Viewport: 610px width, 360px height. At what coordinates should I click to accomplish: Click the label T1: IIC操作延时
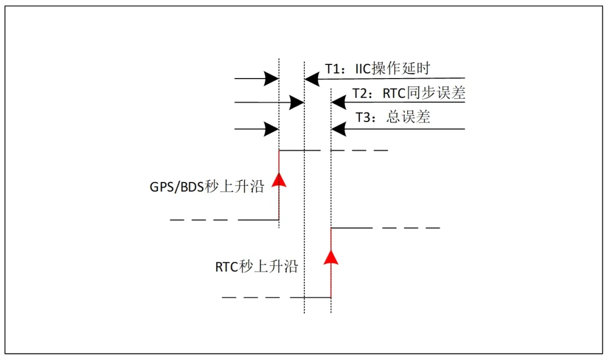tap(377, 69)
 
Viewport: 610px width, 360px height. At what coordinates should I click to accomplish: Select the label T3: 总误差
tap(393, 117)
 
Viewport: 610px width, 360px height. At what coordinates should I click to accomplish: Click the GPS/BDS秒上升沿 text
tap(203, 186)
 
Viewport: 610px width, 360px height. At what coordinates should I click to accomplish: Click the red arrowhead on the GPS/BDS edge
tap(279, 179)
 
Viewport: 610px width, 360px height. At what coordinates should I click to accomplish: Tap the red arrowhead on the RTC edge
tap(332, 257)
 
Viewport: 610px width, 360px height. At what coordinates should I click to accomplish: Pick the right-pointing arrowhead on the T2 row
tap(297, 102)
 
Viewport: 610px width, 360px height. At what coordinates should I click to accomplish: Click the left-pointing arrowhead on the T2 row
tap(338, 102)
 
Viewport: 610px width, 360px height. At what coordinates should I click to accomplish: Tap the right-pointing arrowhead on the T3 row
tap(272, 129)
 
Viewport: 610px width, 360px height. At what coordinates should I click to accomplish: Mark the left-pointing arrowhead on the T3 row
tap(338, 129)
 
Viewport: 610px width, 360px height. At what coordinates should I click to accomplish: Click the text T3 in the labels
tap(363, 117)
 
